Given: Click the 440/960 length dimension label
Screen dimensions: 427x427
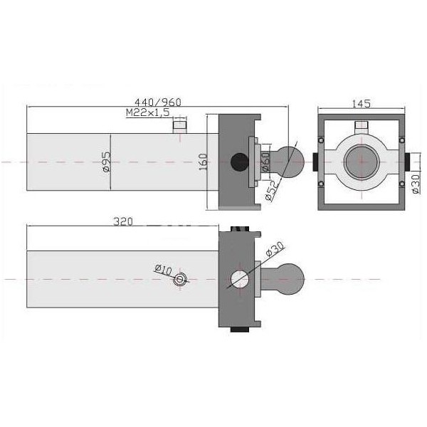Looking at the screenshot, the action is click(x=158, y=102).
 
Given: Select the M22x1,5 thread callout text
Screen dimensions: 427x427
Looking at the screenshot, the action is click(x=148, y=112).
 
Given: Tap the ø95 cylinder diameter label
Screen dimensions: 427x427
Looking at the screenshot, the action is click(x=106, y=162).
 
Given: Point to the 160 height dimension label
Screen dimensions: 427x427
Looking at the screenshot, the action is click(x=203, y=162).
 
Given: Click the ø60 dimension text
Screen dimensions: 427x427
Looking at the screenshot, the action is click(x=265, y=162).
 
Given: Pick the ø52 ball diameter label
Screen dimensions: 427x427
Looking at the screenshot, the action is click(x=272, y=190).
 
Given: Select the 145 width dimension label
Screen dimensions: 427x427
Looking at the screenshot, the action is click(x=362, y=103).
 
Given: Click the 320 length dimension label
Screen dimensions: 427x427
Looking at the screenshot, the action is click(x=123, y=221).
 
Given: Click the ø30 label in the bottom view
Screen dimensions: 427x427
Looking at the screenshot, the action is click(x=275, y=249).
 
